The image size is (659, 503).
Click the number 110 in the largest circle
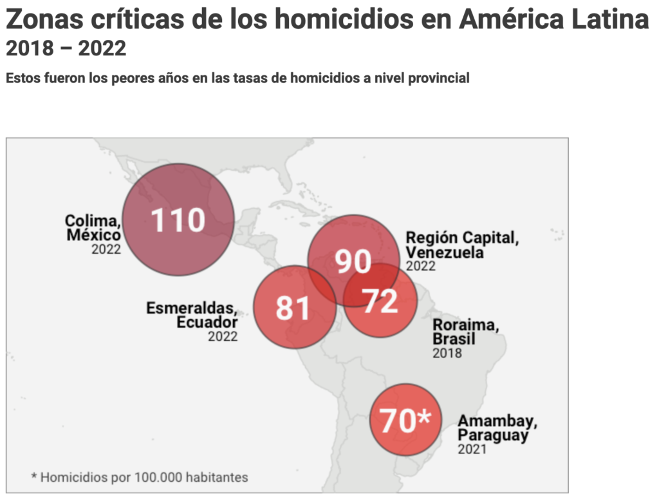[178, 220]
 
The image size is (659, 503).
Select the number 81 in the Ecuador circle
[293, 308]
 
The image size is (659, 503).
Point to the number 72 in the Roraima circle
[380, 301]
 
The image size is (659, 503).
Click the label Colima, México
[93, 228]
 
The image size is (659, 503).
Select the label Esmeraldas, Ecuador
[192, 315]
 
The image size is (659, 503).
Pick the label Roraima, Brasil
[465, 332]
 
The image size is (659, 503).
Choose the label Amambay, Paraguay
[497, 428]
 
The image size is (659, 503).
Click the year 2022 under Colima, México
[106, 249]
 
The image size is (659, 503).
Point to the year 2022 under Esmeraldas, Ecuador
[223, 336]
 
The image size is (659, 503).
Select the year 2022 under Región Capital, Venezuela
[420, 266]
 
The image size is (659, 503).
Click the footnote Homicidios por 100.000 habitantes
[140, 477]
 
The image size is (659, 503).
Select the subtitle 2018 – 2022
[66, 49]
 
